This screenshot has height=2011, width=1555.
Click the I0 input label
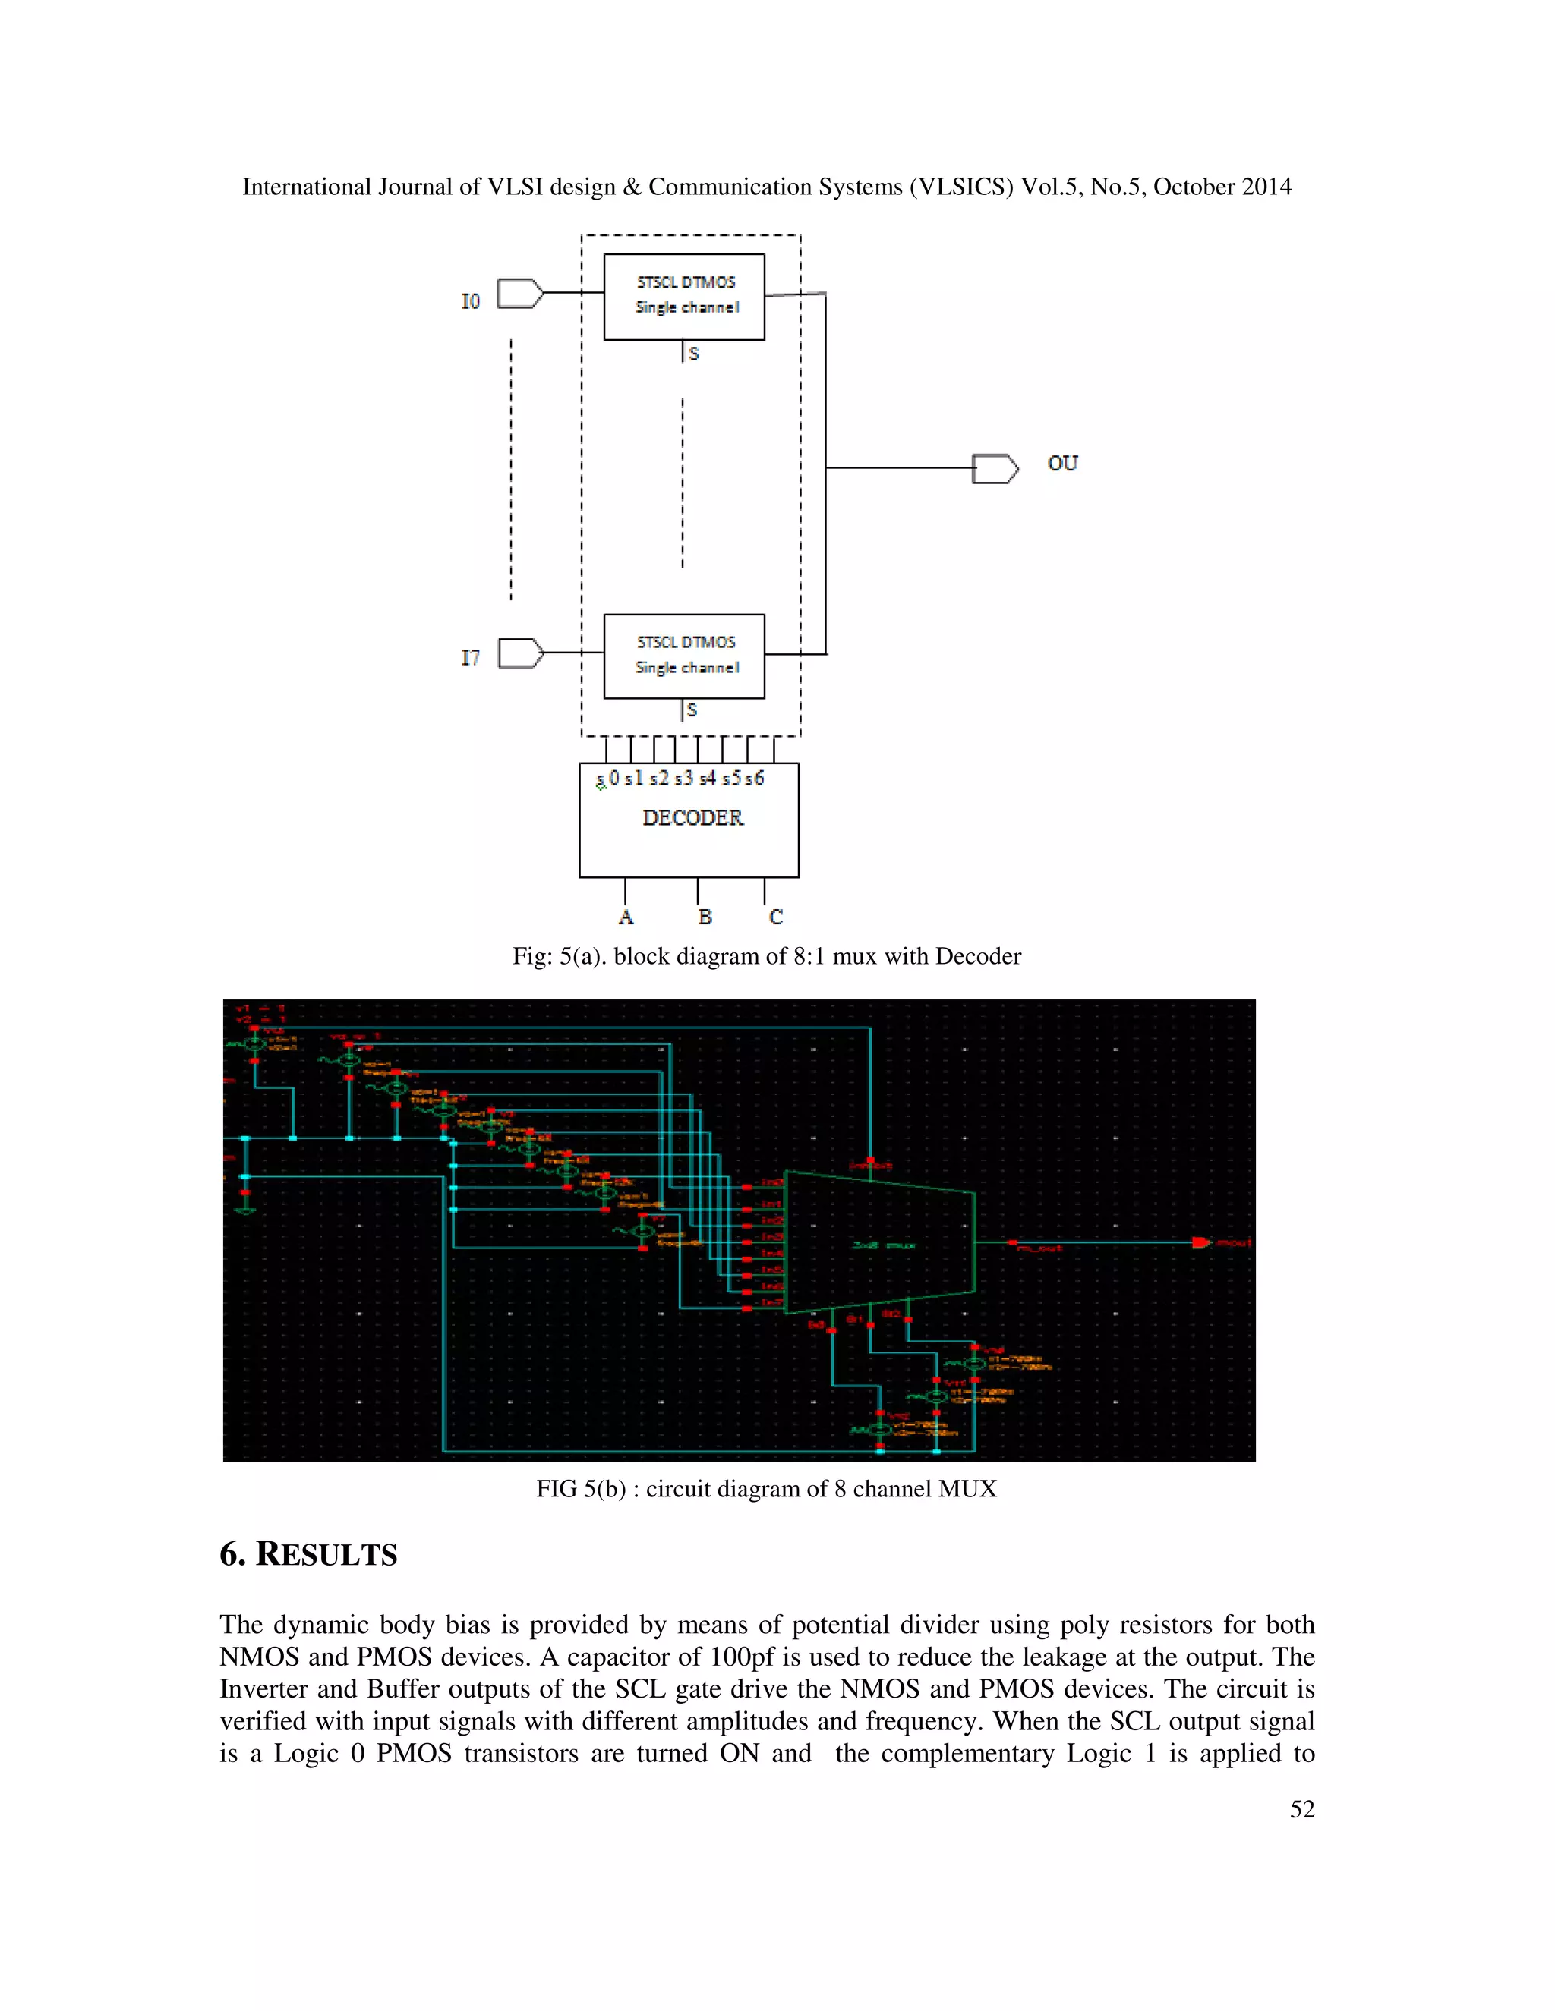470,301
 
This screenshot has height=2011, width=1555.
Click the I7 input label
470,657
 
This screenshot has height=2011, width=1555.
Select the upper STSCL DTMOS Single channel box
684,297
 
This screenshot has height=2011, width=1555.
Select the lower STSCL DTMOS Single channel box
684,656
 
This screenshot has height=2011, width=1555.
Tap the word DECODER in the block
692,817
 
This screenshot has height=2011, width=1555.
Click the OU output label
1062,463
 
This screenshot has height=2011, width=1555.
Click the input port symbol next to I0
519,294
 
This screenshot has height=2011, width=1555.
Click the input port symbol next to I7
520,653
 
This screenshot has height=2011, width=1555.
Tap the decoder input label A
626,917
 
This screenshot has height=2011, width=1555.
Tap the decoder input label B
705,917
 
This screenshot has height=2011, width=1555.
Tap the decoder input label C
776,917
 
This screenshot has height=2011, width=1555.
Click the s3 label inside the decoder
683,778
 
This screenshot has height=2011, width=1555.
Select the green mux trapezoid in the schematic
880,1242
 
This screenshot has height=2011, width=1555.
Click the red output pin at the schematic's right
1201,1242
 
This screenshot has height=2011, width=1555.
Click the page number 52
1301,1809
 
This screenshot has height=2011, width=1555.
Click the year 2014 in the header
1266,187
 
